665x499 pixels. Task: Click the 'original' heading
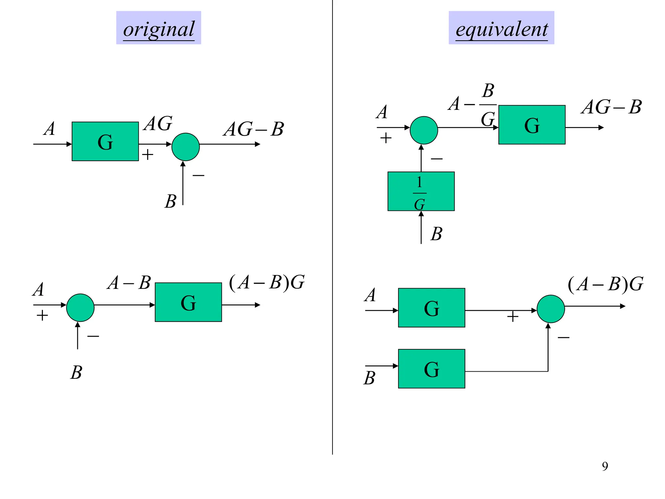[x=158, y=29]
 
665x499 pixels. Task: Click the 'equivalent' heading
[x=501, y=29]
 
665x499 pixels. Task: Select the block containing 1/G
[x=421, y=191]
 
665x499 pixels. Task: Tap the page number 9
[x=605, y=466]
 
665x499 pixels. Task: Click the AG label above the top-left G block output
[x=158, y=124]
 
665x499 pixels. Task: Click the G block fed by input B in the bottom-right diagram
[x=431, y=369]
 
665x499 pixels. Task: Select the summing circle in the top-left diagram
[x=185, y=147]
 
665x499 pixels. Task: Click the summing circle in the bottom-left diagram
[x=80, y=308]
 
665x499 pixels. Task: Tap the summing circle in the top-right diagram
[x=424, y=130]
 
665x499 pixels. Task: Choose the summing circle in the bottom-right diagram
[x=551, y=309]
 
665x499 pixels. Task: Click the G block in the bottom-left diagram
[x=188, y=302]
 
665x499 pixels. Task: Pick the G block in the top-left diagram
[x=105, y=141]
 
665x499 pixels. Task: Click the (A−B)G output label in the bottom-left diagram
[x=267, y=283]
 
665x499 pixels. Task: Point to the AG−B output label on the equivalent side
[x=611, y=107]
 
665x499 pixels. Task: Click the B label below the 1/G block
[x=436, y=234]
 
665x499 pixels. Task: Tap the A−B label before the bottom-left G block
[x=129, y=283]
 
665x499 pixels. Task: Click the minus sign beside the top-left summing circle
[x=198, y=175]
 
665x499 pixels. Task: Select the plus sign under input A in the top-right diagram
[x=386, y=138]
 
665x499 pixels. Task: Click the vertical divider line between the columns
[x=332, y=227]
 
